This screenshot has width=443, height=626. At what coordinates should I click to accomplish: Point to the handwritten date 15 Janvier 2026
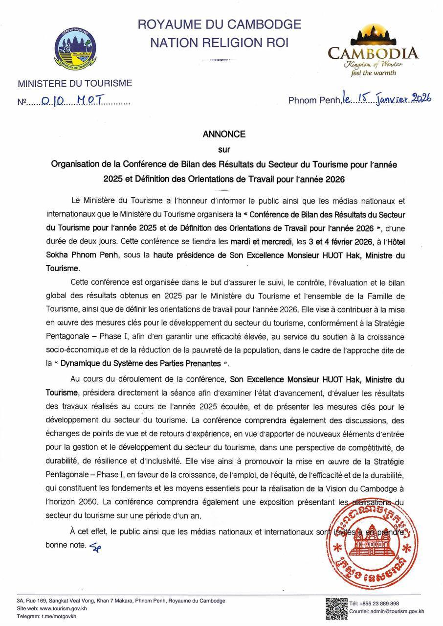pos(386,98)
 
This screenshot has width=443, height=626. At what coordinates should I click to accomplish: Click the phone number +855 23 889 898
pos(381,603)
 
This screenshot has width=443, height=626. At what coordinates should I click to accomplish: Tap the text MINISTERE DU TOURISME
pos(75,84)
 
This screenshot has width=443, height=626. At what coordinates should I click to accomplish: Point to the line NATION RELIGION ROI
pos(220,44)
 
